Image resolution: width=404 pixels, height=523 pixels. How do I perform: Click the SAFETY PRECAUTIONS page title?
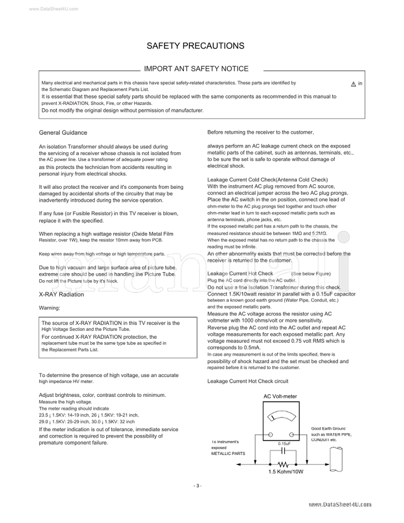pyautogui.click(x=195, y=46)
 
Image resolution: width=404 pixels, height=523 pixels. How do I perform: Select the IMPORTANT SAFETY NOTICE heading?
pyautogui.click(x=196, y=69)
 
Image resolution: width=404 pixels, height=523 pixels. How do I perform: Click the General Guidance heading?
pyautogui.click(x=63, y=133)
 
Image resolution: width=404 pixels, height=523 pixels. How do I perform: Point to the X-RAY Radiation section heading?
pyautogui.click(x=61, y=294)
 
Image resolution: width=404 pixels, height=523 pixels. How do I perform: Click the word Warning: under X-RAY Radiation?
pyautogui.click(x=49, y=307)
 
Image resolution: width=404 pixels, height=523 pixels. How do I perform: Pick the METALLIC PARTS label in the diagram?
pyautogui.click(x=228, y=453)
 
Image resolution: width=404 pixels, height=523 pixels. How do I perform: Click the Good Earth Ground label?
pyautogui.click(x=328, y=428)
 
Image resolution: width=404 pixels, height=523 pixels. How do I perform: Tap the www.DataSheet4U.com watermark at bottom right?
pyautogui.click(x=339, y=504)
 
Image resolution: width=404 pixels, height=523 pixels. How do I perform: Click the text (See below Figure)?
pyautogui.click(x=311, y=274)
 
